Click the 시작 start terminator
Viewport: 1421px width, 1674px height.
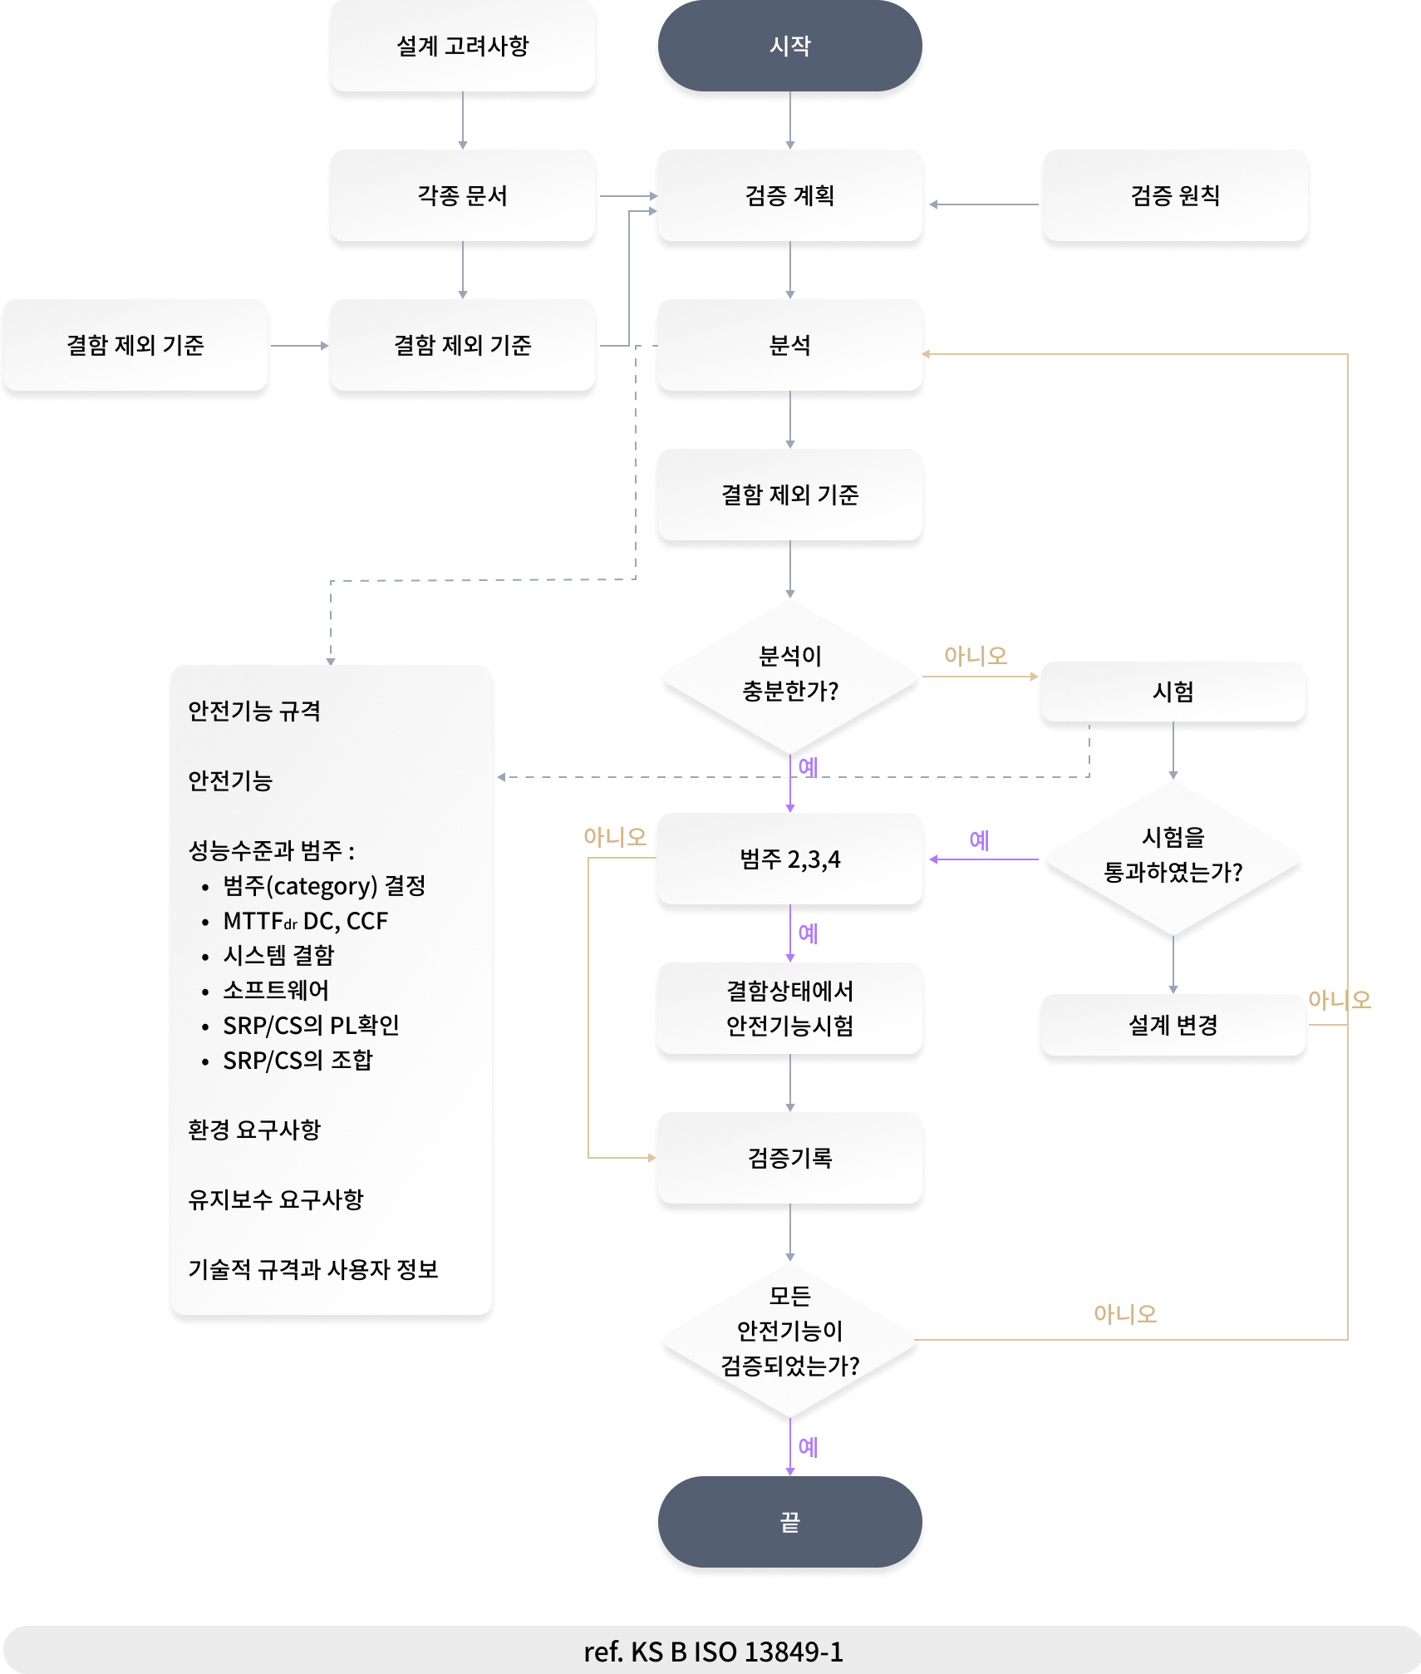pos(789,46)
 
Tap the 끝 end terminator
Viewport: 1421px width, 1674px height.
pos(789,1522)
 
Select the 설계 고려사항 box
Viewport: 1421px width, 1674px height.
pos(462,46)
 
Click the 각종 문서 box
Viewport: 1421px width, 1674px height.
pos(462,195)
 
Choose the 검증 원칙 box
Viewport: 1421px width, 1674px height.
pos(1175,195)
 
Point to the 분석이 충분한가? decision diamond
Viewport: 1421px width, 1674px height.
pos(789,675)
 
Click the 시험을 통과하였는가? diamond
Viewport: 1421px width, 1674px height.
pos(1173,856)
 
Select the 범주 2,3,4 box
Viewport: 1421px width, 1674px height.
pos(789,859)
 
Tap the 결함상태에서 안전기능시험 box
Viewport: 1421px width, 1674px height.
pos(789,1008)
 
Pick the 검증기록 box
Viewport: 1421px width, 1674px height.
pos(789,1158)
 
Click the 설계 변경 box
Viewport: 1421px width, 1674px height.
pos(1173,1025)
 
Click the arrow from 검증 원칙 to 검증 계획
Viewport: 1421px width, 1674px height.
pos(984,204)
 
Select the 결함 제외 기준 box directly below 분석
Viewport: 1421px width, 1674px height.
pos(789,495)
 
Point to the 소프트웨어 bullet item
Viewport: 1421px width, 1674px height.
pos(276,990)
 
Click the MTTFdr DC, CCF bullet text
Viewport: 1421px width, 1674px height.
pos(305,921)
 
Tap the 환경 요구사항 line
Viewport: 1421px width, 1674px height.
pos(254,1130)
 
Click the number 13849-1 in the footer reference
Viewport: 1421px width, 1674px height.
pos(794,1652)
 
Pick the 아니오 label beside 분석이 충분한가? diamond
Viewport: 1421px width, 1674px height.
pos(976,656)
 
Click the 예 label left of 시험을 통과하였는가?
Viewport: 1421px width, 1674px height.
pos(979,840)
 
